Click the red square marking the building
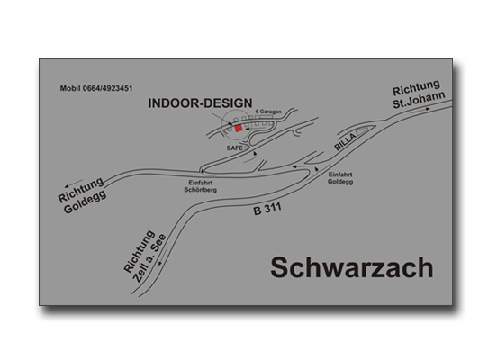(239, 128)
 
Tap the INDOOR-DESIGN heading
(200, 103)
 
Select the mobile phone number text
(96, 88)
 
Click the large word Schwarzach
(352, 268)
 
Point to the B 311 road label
(267, 209)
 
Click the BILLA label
(346, 142)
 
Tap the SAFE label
(235, 148)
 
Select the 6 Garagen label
(268, 112)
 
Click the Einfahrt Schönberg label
(200, 186)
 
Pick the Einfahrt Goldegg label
(340, 178)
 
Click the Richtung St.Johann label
(419, 94)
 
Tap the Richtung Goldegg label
(82, 195)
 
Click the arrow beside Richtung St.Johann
(420, 111)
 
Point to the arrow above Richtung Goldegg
(74, 184)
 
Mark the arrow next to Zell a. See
(163, 256)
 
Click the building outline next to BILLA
(362, 130)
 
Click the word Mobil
(70, 88)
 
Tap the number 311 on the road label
(273, 208)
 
